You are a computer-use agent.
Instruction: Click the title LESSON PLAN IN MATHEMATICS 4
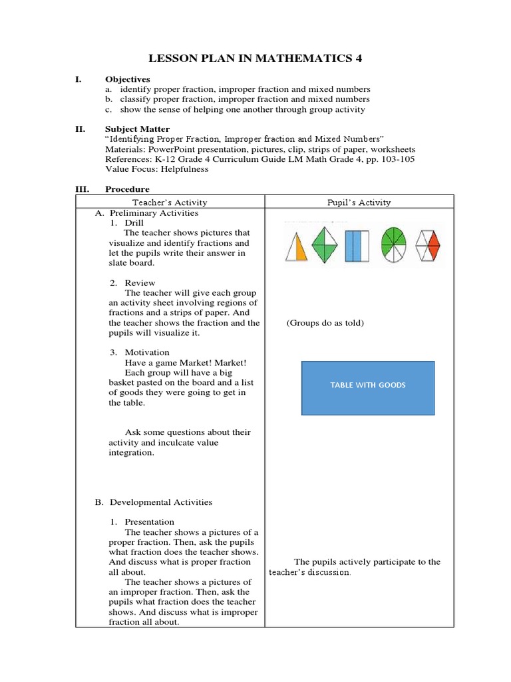tap(255, 59)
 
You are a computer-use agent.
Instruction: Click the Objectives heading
tap(127, 79)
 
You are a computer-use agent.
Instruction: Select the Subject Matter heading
tap(137, 129)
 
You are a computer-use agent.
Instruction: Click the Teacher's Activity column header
tap(170, 202)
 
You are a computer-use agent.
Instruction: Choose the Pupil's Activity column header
tap(359, 202)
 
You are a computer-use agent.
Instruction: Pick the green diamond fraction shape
tap(325, 245)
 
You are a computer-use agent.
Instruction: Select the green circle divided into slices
tap(394, 245)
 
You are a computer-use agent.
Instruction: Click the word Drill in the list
tap(134, 222)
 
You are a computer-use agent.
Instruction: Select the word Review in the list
tap(140, 283)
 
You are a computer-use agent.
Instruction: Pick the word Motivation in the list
tap(147, 352)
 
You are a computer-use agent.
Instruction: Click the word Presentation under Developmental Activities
tap(150, 522)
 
